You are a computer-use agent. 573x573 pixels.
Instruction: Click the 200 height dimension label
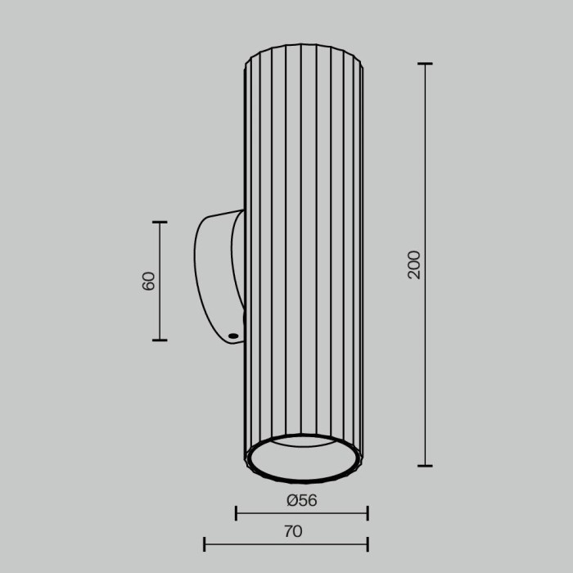(414, 264)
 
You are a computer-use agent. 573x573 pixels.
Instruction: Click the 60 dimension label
(149, 281)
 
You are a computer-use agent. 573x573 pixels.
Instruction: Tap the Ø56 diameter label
(301, 500)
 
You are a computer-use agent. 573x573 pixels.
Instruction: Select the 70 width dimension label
(293, 531)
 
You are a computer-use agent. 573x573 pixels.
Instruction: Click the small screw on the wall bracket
(233, 336)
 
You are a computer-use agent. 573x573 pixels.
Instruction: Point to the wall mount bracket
(215, 278)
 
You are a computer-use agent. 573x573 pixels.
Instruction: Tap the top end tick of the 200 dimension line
(425, 64)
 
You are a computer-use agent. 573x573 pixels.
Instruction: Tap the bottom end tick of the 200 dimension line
(425, 466)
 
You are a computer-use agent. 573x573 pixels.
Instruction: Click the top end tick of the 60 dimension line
(160, 222)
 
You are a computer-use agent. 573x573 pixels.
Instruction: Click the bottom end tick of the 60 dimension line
(160, 340)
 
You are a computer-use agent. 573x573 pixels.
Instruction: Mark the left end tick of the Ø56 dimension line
(236, 513)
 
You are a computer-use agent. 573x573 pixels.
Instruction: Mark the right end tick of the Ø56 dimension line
(368, 513)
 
